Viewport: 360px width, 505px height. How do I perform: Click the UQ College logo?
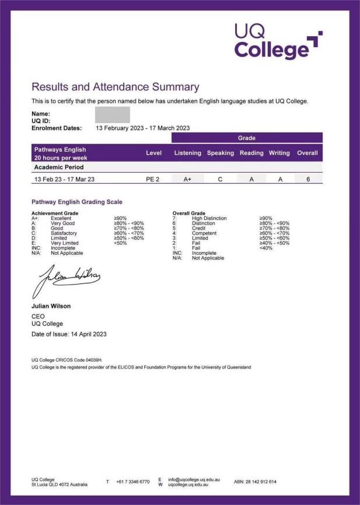tap(278, 41)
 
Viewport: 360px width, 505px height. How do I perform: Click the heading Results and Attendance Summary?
tap(115, 87)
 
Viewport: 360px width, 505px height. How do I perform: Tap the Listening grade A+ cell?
tap(187, 179)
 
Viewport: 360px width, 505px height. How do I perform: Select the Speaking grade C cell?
tap(220, 179)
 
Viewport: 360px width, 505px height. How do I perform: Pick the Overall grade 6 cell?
tap(307, 179)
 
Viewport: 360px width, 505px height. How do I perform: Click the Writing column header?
tap(279, 153)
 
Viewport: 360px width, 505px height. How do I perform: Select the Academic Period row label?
tap(59, 167)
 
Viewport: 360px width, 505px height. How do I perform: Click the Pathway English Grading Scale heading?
tap(76, 202)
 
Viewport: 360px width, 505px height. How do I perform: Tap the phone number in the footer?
tap(132, 482)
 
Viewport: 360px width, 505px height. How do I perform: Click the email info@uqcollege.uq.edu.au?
tap(194, 479)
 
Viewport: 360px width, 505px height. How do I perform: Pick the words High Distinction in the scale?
tap(209, 218)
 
